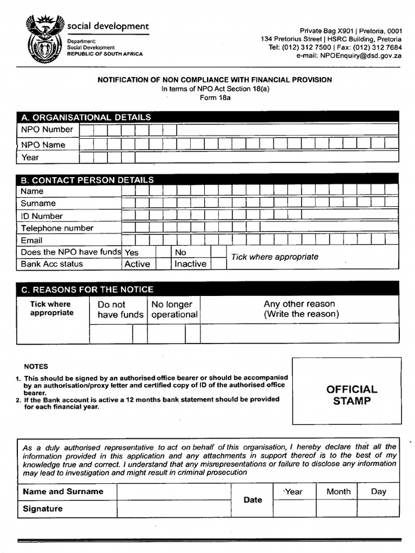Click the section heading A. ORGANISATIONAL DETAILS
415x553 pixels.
(86, 117)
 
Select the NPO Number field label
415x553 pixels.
(47, 130)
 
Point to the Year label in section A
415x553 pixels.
(30, 157)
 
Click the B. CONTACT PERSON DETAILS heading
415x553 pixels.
(87, 180)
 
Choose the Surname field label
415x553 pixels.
(38, 204)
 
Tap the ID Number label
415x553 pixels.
(42, 216)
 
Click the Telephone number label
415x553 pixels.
(57, 228)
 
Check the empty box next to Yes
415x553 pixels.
(163, 252)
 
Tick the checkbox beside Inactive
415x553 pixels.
(218, 264)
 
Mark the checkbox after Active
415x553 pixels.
(163, 264)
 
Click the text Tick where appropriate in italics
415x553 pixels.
(275, 257)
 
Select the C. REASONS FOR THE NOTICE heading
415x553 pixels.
(87, 289)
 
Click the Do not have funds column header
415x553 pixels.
(120, 309)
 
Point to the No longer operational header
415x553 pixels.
(174, 309)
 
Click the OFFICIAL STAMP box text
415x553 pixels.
(352, 395)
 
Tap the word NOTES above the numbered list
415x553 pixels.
(36, 366)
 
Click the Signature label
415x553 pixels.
(43, 509)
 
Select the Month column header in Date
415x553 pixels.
(338, 491)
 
